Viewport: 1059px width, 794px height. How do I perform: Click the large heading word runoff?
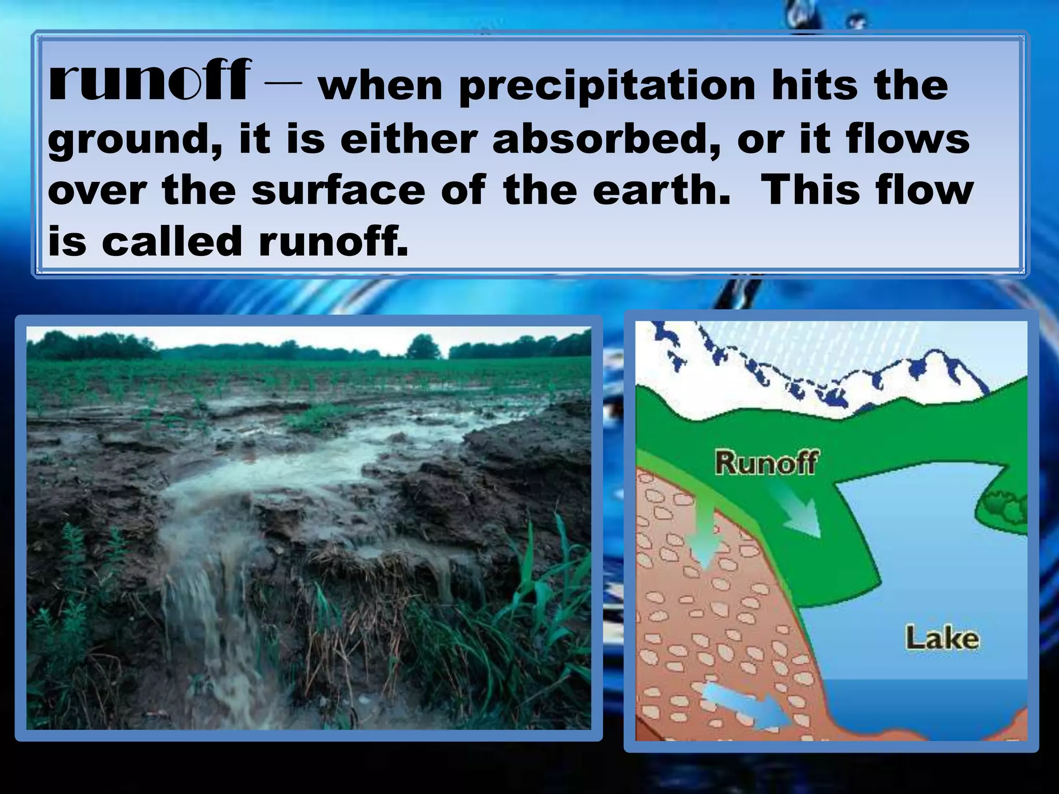pos(150,82)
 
